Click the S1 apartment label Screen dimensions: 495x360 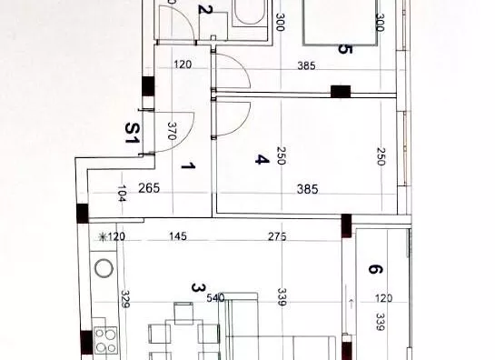pyautogui.click(x=133, y=133)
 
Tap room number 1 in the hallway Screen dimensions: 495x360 pyautogui.click(x=188, y=165)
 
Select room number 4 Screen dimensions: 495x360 pyautogui.click(x=262, y=159)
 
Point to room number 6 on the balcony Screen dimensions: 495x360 pyautogui.click(x=375, y=269)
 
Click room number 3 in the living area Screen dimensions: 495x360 pyautogui.click(x=199, y=288)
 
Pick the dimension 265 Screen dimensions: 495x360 pyautogui.click(x=149, y=188)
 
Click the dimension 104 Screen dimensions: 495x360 pyautogui.click(x=122, y=193)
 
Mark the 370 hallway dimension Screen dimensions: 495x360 pyautogui.click(x=172, y=131)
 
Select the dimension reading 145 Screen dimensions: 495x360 pyautogui.click(x=178, y=236)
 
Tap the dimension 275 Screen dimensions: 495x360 pyautogui.click(x=277, y=236)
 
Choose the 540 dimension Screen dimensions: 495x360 pyautogui.click(x=215, y=298)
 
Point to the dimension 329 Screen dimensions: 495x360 pyautogui.click(x=125, y=299)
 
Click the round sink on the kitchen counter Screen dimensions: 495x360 pyautogui.click(x=104, y=268)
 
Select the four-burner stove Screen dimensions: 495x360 pyautogui.click(x=105, y=340)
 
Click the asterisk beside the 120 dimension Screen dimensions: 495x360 pyautogui.click(x=103, y=236)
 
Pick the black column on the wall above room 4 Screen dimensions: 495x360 pyautogui.click(x=341, y=91)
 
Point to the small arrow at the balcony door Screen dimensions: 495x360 pyautogui.click(x=351, y=304)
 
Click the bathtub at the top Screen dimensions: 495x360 pyautogui.click(x=250, y=14)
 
